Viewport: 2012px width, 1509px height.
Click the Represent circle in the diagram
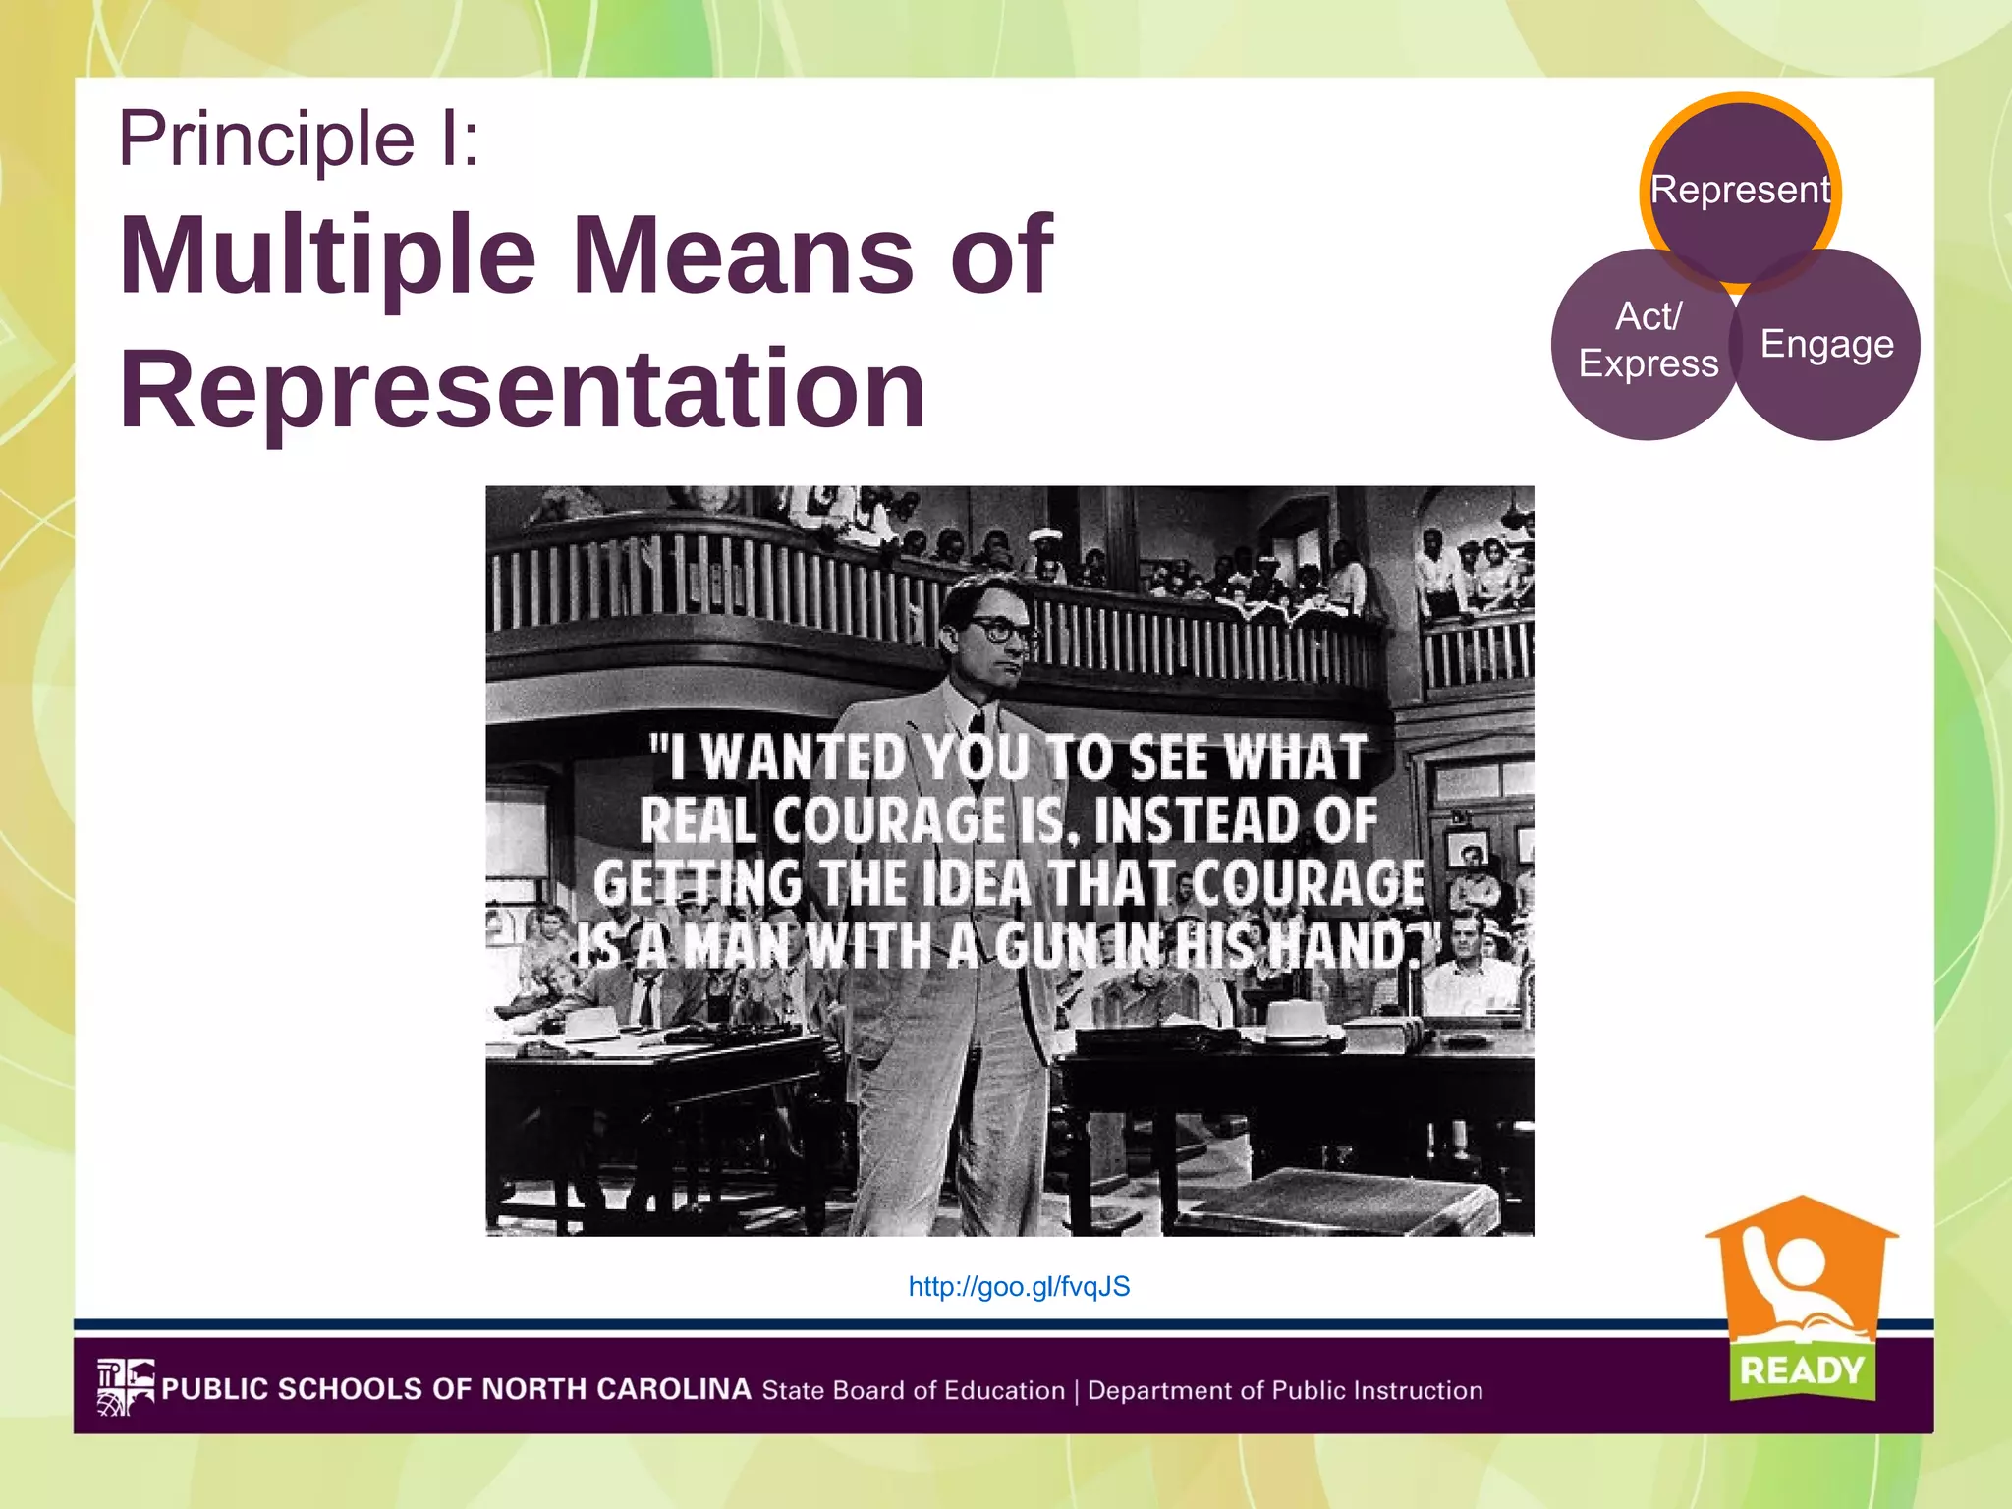[1740, 190]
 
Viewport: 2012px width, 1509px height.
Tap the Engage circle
[1826, 344]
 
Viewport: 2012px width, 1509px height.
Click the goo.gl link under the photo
[1019, 1287]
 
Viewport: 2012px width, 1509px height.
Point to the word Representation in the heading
[522, 389]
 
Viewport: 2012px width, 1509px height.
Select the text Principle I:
[299, 139]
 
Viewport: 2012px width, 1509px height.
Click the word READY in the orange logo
[1801, 1369]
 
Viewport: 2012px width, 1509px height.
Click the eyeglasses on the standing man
[1001, 629]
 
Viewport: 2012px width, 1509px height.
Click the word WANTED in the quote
[805, 759]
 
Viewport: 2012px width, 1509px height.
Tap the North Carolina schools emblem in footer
[126, 1387]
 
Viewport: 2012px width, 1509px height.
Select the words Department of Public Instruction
[1285, 1391]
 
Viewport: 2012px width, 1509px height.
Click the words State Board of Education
[914, 1391]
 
